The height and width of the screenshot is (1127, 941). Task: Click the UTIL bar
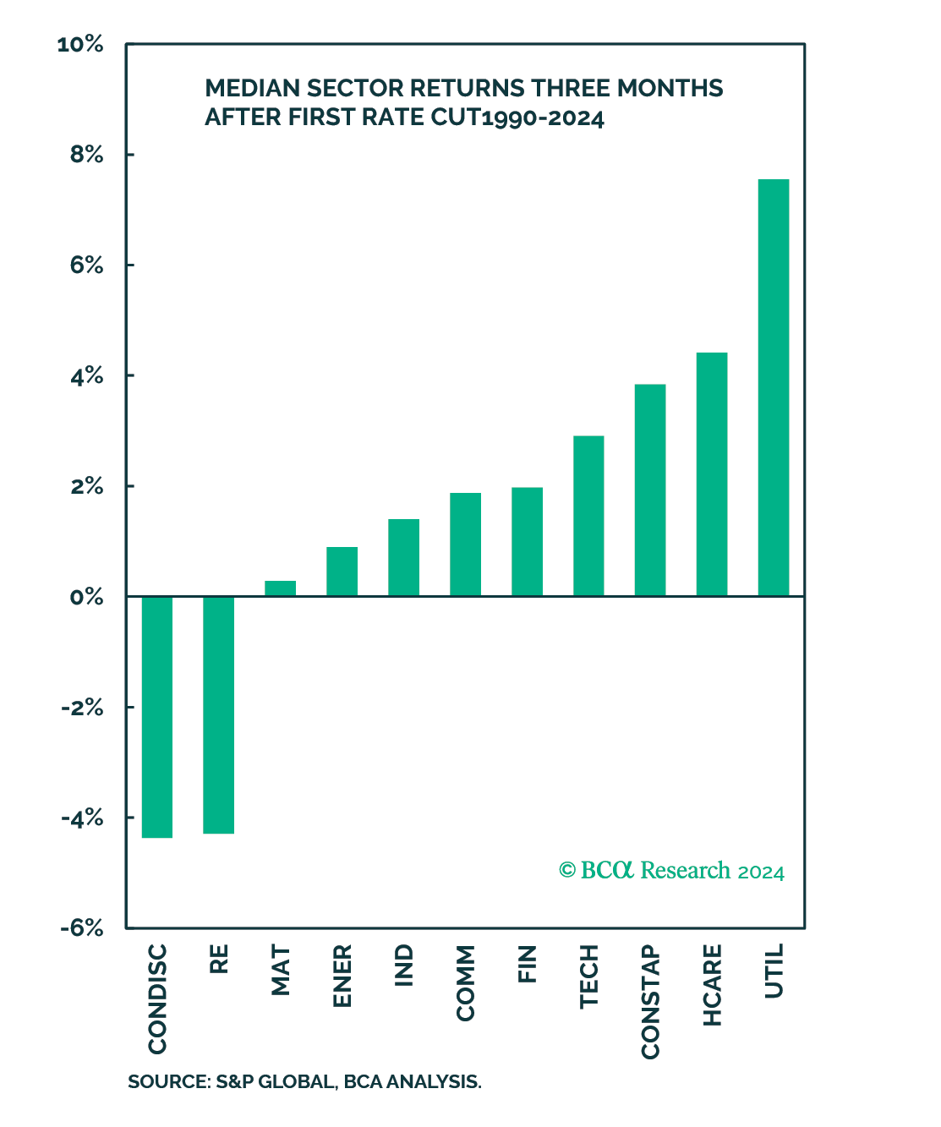click(774, 387)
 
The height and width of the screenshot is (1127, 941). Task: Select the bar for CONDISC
click(157, 717)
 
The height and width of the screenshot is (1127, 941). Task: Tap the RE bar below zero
click(219, 714)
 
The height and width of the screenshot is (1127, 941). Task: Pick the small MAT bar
click(281, 588)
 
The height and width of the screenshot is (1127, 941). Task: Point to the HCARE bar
click(712, 474)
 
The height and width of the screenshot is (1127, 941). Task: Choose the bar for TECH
click(588, 516)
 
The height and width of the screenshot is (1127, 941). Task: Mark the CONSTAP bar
click(650, 490)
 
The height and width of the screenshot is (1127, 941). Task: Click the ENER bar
click(342, 572)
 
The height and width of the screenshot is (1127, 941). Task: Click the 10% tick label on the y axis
click(80, 45)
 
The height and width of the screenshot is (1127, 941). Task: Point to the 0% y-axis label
click(86, 598)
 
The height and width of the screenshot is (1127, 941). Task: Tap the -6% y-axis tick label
click(81, 928)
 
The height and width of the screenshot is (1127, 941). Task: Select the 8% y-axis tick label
click(86, 156)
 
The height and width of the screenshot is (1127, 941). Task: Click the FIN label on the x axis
click(528, 964)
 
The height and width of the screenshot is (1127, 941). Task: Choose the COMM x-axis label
click(466, 983)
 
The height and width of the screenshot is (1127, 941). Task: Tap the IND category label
click(404, 966)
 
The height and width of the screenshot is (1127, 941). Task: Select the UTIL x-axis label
click(774, 971)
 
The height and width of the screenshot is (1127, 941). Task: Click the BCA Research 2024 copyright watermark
click(671, 871)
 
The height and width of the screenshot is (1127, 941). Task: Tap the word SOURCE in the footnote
click(164, 1082)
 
